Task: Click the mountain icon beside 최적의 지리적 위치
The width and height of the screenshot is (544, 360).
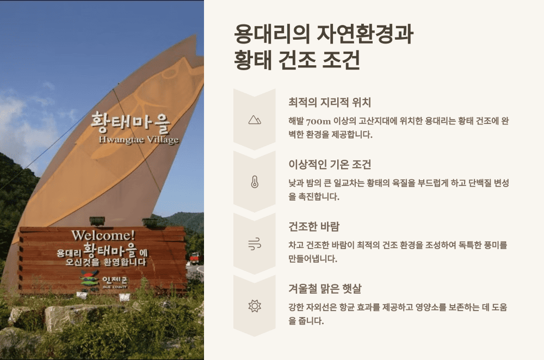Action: (x=254, y=120)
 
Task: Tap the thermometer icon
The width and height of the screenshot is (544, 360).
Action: (x=254, y=182)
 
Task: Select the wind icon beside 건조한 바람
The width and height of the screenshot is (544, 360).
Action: (x=254, y=244)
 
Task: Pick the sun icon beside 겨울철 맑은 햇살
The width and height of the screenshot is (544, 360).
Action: (x=254, y=306)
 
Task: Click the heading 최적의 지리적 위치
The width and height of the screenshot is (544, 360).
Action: (x=330, y=102)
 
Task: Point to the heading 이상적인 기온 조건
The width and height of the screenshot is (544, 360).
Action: (x=330, y=164)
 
